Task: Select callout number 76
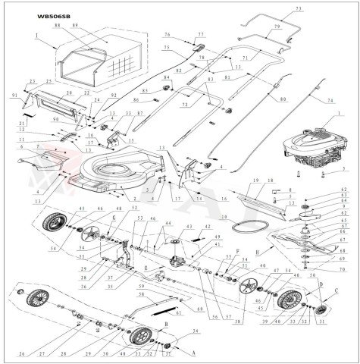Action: (x=166, y=34)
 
